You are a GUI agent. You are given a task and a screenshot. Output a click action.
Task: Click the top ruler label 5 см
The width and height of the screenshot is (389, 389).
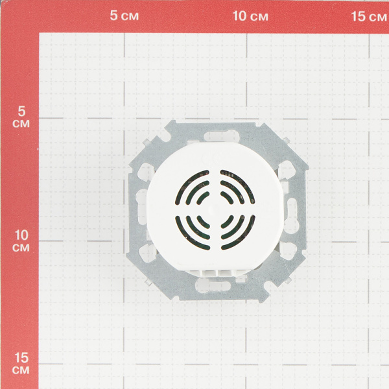(124, 16)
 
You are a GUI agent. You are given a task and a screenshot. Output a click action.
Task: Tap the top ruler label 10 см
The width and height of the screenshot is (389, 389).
(250, 16)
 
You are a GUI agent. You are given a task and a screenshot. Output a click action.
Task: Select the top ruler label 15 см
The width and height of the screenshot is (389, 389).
(369, 17)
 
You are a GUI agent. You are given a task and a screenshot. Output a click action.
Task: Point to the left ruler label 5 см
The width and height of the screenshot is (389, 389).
(21, 117)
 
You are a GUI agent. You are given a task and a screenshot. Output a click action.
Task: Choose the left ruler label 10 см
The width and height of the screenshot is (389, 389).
(21, 241)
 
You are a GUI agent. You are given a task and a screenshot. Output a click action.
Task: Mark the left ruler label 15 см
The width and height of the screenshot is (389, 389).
(21, 363)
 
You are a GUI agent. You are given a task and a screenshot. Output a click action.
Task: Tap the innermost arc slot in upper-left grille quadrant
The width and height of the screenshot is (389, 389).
(202, 197)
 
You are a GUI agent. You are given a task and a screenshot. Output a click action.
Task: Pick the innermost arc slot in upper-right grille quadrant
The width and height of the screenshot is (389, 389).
(228, 197)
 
